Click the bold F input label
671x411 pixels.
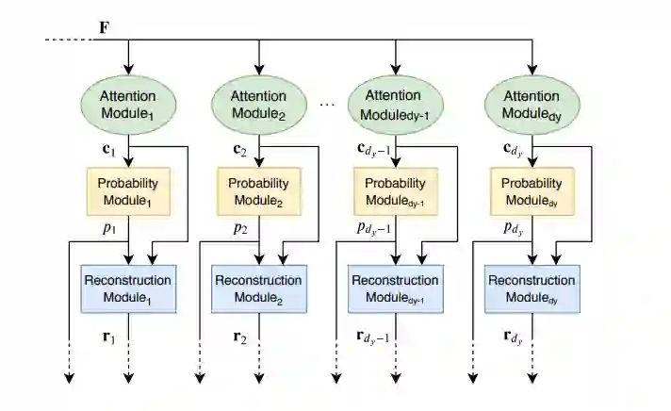click(105, 27)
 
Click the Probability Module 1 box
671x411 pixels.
click(127, 192)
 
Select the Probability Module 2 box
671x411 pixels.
click(259, 192)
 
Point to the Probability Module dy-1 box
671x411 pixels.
click(396, 192)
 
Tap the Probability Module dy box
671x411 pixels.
click(531, 192)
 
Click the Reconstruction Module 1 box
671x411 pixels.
click(127, 288)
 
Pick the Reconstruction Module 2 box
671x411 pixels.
click(259, 288)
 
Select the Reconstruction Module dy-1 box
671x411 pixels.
click(396, 288)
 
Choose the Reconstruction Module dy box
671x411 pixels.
click(531, 288)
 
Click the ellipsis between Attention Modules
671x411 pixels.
click(327, 104)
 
